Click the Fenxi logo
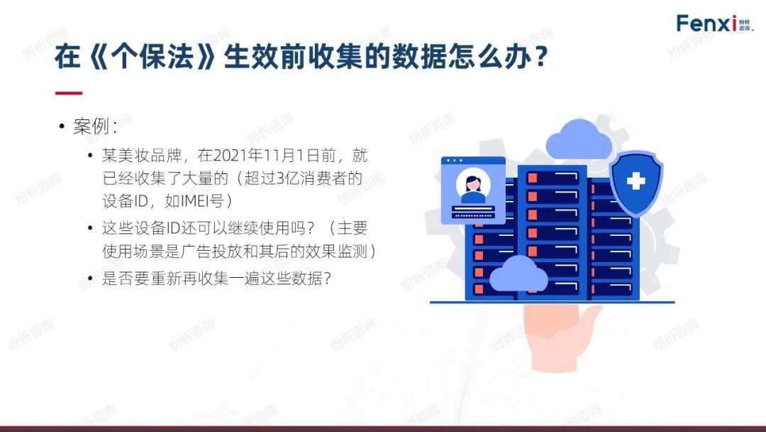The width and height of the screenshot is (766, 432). pyautogui.click(x=715, y=23)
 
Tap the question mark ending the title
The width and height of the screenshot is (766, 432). pyautogui.click(x=540, y=57)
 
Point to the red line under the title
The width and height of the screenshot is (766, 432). pyautogui.click(x=68, y=93)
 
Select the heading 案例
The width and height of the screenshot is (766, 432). pyautogui.click(x=91, y=126)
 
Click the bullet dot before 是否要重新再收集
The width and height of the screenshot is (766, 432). pyautogui.click(x=90, y=279)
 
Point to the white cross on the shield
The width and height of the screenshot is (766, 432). pyautogui.click(x=635, y=181)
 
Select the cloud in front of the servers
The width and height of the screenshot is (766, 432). pyautogui.click(x=518, y=275)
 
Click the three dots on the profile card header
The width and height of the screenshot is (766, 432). pyautogui.click(x=455, y=161)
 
